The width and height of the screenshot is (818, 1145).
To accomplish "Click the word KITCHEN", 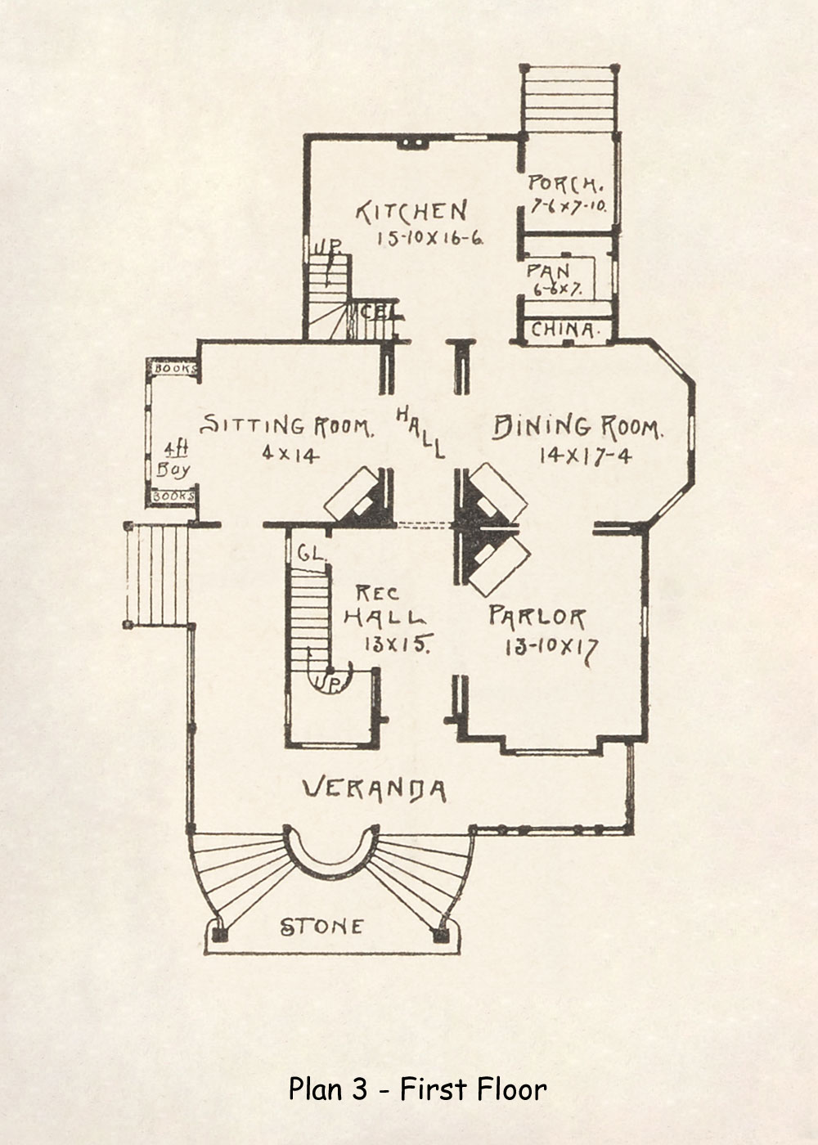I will [x=411, y=212].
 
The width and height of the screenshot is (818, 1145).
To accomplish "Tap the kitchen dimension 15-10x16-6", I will [x=430, y=239].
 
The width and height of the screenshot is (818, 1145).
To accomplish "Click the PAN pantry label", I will [x=549, y=271].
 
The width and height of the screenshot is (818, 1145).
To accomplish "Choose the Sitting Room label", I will [x=287, y=426].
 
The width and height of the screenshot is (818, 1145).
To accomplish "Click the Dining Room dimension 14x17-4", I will [x=585, y=456].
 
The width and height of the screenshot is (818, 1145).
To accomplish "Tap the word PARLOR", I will [x=537, y=616].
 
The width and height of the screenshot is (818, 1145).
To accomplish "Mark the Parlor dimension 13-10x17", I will [x=551, y=648].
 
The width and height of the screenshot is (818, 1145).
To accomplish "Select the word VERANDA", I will [x=375, y=789].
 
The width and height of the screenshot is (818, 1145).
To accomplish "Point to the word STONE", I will [x=321, y=927].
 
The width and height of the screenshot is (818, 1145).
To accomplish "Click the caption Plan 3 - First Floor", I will [x=417, y=1089].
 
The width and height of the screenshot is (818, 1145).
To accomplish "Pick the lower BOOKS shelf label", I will [x=174, y=496].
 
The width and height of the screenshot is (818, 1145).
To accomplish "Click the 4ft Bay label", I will [x=174, y=460].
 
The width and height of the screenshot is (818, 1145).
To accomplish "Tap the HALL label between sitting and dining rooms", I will [x=421, y=432].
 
